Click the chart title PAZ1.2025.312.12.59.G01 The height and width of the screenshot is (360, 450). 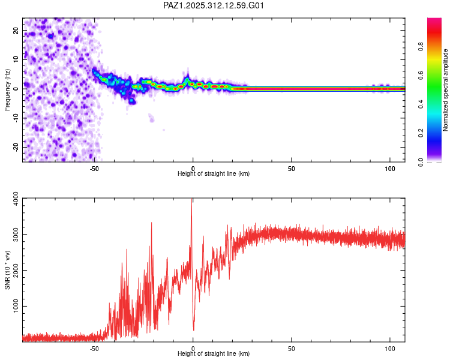point(214,5)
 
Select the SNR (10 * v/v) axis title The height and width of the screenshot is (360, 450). point(7,269)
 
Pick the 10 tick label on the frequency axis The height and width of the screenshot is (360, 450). point(16,59)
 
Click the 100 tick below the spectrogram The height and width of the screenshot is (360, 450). point(389,168)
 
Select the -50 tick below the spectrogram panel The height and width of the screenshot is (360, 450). point(94,168)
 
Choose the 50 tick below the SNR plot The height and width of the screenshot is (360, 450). point(291,348)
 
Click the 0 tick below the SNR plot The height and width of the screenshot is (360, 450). point(193,348)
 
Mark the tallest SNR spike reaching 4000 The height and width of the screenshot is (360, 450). point(191,200)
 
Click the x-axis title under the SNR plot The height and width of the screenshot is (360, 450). point(214,354)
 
